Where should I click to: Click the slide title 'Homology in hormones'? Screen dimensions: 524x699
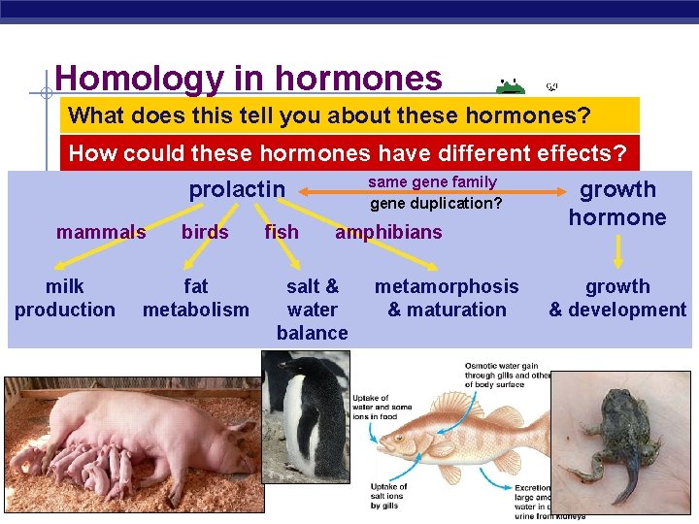pos(249,79)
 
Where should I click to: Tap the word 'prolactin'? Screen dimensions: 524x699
pos(237,189)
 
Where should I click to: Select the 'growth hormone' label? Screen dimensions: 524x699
pos(617,203)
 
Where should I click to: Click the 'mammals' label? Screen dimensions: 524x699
pos(101,232)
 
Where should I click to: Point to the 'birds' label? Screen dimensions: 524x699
pos(205,232)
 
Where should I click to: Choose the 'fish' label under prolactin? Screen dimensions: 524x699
pos(282,232)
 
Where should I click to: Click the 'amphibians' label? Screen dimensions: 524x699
pos(388,232)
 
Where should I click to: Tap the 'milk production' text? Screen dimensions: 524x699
pos(64,298)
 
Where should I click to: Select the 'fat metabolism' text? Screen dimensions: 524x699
pos(195,298)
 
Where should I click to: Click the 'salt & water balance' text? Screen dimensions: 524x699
pos(312,310)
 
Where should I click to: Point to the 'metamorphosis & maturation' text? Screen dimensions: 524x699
pos(447,298)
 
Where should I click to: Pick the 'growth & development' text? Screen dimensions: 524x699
pos(617,298)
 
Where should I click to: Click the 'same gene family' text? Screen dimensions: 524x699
pos(432,182)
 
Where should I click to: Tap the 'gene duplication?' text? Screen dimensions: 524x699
pos(436,204)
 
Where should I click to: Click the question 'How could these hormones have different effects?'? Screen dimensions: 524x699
pos(349,153)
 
